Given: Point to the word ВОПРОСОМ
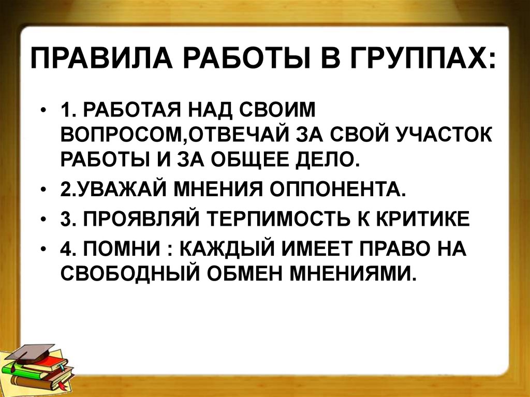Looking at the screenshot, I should tap(122, 136).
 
